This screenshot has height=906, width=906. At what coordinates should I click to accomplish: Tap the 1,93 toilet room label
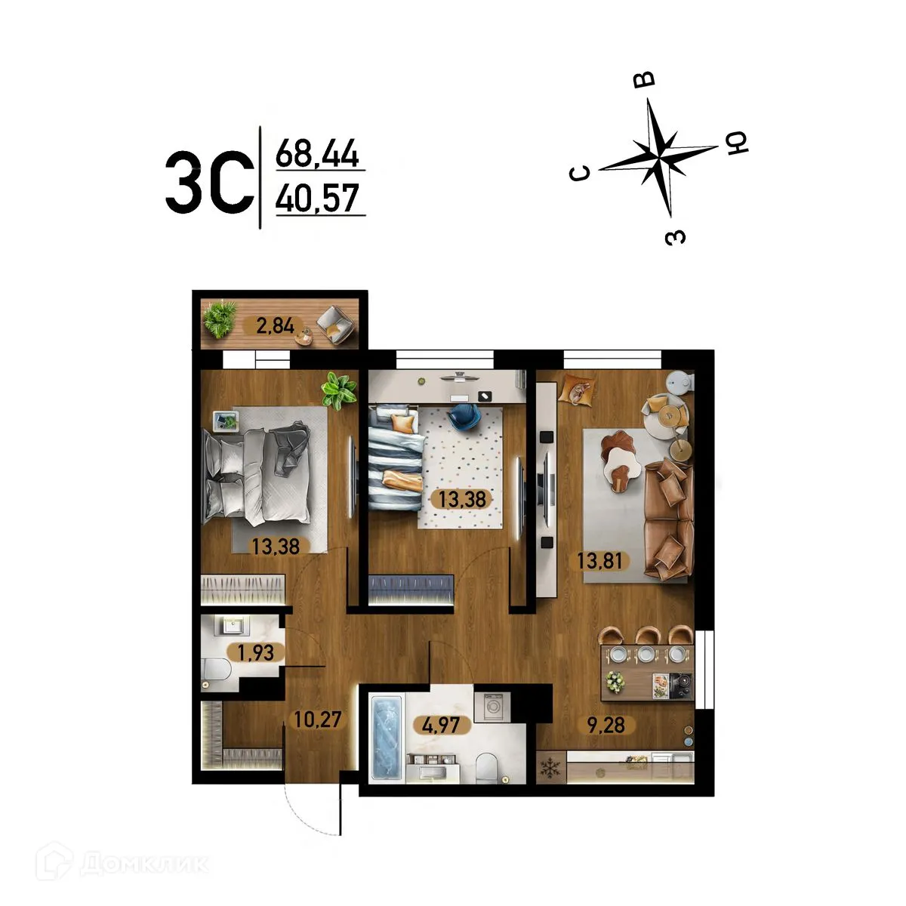tap(256, 652)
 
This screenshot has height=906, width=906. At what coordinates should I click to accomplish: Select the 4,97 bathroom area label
tap(442, 726)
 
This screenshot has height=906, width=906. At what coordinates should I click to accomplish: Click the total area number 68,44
tap(316, 155)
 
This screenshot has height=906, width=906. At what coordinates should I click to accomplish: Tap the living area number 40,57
tap(316, 199)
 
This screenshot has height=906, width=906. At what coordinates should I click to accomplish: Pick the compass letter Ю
tap(736, 143)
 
